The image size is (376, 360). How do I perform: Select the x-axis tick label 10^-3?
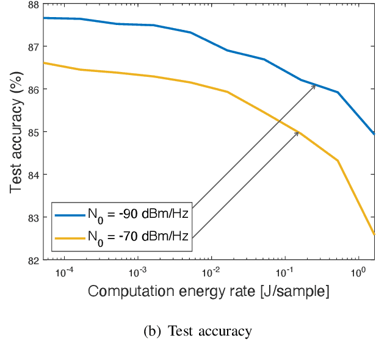point(138,271)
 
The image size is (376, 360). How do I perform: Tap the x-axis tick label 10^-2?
point(211,271)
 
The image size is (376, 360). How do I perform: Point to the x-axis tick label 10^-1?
point(284,271)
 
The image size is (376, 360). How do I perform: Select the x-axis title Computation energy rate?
point(209,292)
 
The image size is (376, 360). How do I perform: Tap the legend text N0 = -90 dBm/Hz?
point(137,215)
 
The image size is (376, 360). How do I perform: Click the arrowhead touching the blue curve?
point(313,86)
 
